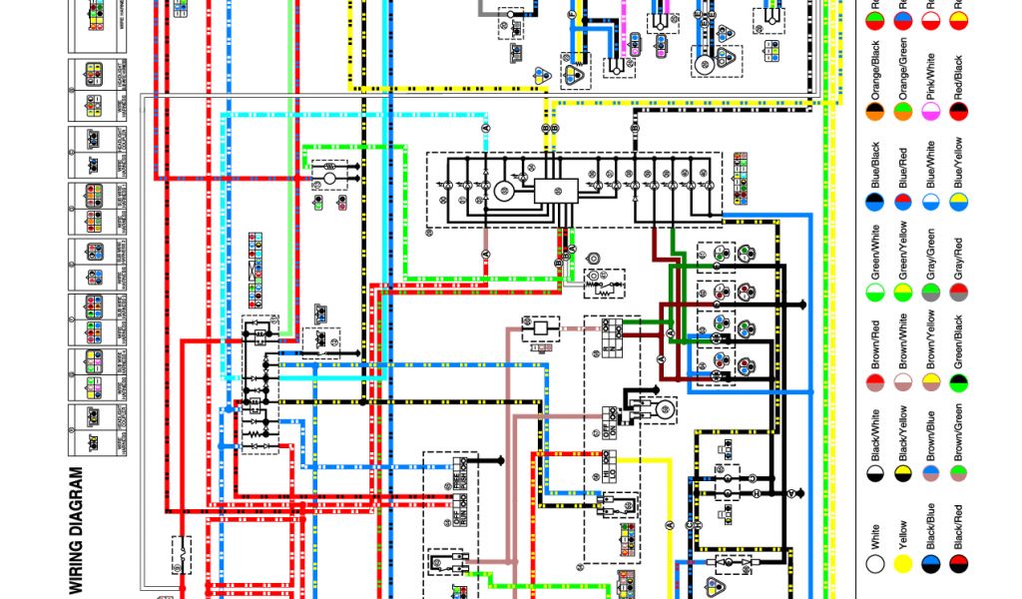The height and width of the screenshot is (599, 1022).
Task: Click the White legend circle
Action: pos(875,563)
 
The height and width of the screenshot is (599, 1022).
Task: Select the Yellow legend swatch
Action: pos(903,563)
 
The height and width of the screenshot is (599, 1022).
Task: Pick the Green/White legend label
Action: pos(875,253)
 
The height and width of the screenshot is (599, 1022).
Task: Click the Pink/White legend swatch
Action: pos(931,110)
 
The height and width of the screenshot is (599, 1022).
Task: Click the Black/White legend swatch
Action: pos(875,471)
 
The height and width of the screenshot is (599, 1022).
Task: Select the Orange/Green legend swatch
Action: pos(903,110)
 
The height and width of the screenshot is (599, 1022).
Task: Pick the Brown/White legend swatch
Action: pos(903,381)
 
